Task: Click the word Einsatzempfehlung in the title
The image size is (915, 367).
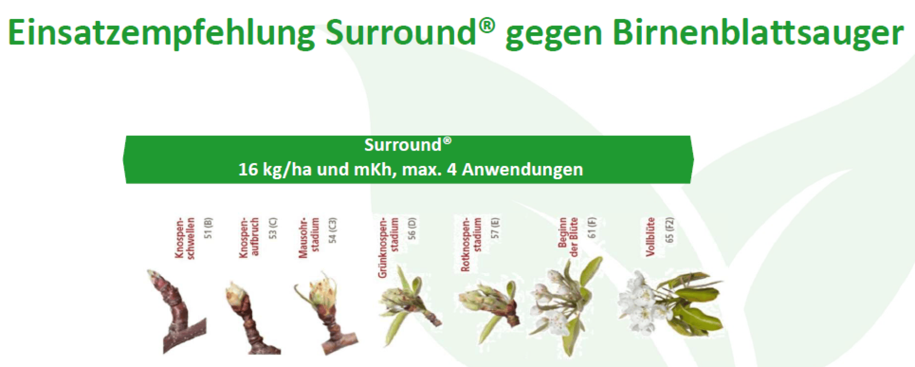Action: [x=161, y=34]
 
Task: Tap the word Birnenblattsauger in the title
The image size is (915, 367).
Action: [x=758, y=34]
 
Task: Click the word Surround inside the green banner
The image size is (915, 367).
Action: [x=403, y=145]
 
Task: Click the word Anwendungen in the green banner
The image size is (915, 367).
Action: [x=522, y=169]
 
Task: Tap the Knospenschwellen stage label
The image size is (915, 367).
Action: [x=184, y=238]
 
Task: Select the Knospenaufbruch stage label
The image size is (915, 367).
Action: [x=249, y=237]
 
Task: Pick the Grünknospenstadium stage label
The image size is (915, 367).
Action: [x=388, y=247]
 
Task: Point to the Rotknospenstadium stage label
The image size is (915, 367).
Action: [x=471, y=244]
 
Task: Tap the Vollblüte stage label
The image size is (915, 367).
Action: [x=651, y=237]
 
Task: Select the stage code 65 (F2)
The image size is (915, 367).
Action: [x=670, y=230]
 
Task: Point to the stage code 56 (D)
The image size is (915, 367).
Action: [x=412, y=228]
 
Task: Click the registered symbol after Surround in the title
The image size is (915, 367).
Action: [x=487, y=25]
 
